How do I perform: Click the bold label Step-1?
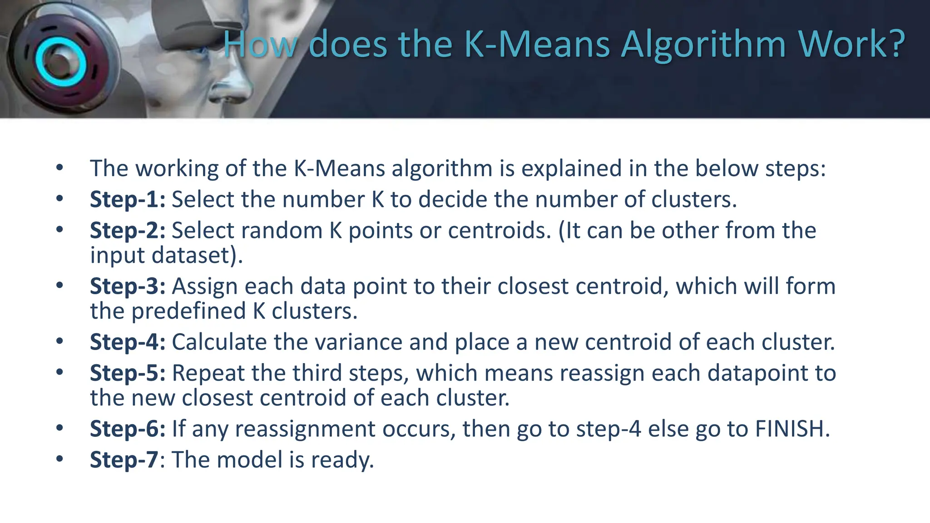pos(128,199)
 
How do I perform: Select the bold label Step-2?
pos(128,230)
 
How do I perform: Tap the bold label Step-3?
pos(128,286)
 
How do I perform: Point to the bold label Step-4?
pos(128,342)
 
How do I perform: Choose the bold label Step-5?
pos(128,373)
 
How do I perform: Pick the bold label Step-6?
pos(128,429)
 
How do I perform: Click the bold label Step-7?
pos(124,459)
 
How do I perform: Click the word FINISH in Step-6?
pos(792,429)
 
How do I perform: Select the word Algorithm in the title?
pos(703,44)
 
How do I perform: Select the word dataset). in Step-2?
pos(198,255)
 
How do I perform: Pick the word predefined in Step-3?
pos(188,311)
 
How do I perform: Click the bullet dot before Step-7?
pos(59,459)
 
